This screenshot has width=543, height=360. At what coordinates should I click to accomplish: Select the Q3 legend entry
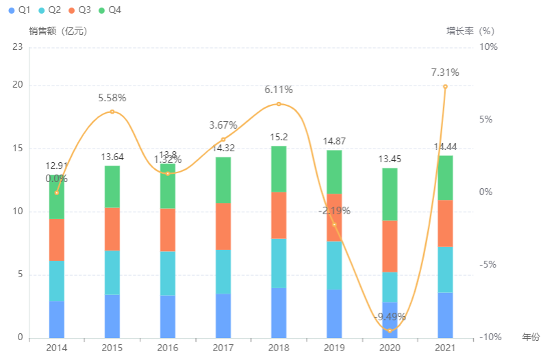click(78, 10)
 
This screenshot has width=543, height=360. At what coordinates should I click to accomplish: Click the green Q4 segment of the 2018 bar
click(279, 169)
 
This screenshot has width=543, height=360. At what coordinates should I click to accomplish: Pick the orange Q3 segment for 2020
click(390, 246)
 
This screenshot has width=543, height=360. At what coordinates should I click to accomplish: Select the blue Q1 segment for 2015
click(112, 316)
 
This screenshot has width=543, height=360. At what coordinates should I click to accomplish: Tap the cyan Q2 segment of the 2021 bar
click(445, 270)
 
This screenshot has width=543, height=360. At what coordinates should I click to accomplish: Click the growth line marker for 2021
click(445, 87)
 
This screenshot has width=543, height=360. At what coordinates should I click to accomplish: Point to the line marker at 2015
click(112, 112)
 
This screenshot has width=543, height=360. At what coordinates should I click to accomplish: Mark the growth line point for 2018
click(279, 104)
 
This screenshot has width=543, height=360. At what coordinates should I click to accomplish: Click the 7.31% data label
click(445, 73)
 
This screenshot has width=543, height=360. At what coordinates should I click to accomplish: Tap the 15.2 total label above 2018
click(279, 137)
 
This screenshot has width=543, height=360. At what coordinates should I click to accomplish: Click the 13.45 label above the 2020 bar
click(390, 159)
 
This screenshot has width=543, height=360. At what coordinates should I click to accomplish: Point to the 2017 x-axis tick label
click(223, 348)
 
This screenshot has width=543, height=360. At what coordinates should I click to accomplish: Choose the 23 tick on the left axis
click(18, 47)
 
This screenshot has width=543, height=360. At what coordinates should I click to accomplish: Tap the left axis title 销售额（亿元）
click(58, 31)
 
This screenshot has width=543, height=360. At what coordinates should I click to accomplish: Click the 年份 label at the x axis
click(531, 337)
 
